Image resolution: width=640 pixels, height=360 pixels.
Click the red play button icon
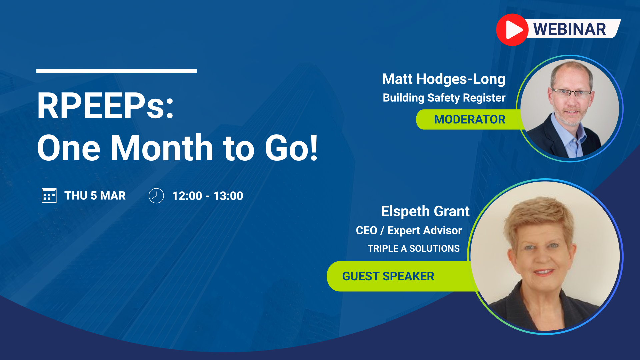point(512,30)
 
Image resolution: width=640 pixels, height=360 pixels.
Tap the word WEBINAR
point(570,29)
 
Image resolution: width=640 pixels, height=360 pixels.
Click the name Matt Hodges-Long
point(444,79)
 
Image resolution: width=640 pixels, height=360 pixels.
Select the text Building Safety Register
point(444,98)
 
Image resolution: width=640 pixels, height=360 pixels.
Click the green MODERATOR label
point(469,119)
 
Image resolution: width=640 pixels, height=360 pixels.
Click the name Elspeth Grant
point(425,211)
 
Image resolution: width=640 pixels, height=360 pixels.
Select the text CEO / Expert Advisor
point(409,230)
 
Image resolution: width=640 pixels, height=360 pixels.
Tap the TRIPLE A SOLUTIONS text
point(414,249)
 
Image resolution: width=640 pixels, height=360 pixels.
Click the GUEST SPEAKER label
point(388,276)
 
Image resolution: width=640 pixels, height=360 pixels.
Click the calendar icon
point(49,195)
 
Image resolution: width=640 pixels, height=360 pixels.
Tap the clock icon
point(156,196)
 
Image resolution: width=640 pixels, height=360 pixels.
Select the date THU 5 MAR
point(95,196)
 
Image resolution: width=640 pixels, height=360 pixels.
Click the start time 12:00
point(187,196)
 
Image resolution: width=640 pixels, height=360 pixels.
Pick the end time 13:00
point(228,196)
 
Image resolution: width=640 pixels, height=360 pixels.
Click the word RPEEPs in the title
point(105,106)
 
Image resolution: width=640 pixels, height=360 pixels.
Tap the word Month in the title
point(162,148)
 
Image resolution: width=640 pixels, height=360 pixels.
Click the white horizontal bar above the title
point(116,71)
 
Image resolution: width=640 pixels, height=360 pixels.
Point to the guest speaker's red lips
point(544,272)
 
